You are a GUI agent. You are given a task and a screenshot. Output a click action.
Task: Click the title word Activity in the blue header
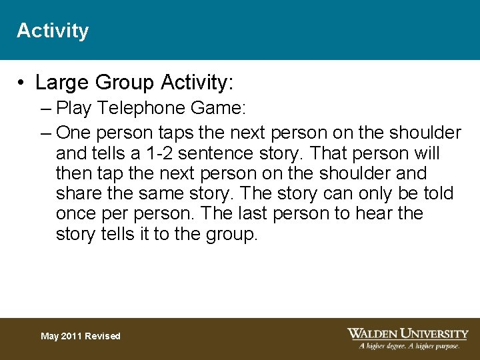point(52,31)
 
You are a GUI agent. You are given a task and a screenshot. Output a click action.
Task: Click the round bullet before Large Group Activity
point(22,83)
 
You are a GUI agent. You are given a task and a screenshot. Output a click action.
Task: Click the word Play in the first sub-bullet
point(73,108)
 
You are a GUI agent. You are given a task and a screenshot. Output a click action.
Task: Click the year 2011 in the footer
point(73,336)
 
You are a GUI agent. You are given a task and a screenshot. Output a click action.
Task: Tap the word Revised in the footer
point(103,336)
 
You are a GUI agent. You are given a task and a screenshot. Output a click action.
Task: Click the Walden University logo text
point(408,333)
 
